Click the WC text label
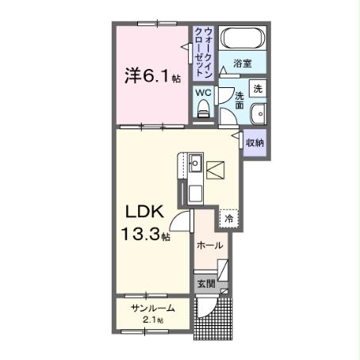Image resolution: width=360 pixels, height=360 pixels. click(203, 93)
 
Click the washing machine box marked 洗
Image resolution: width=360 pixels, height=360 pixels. click(259, 89)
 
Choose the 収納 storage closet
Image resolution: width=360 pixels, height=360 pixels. click(255, 143)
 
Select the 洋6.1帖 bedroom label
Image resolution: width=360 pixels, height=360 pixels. click(151, 77)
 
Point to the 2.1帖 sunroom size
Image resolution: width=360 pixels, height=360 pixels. click(153, 320)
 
